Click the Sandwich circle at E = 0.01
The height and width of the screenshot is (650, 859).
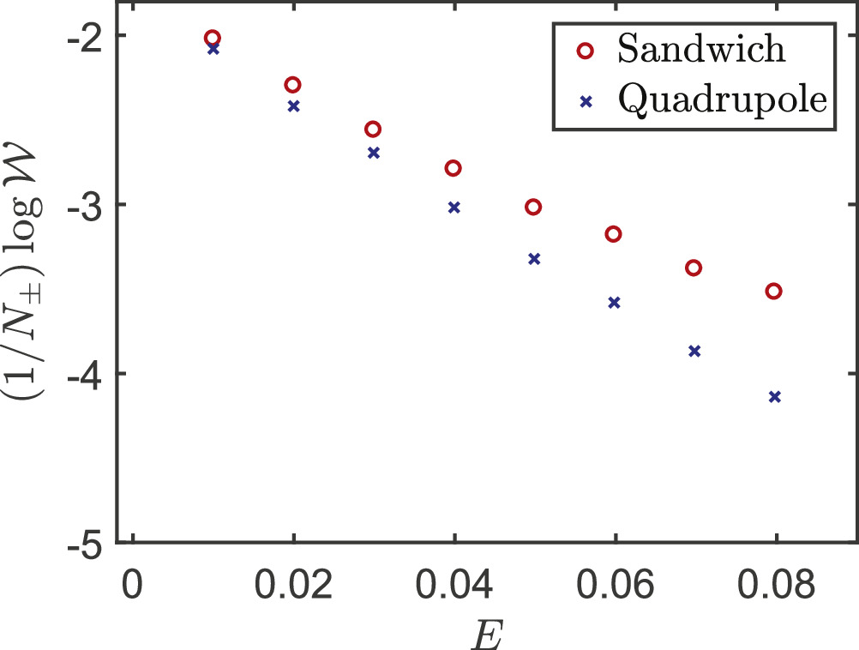(x=213, y=38)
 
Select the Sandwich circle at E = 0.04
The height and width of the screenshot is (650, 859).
(x=454, y=168)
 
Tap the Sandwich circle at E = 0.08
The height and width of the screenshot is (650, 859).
(x=774, y=292)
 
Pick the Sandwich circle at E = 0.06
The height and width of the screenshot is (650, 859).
(x=613, y=234)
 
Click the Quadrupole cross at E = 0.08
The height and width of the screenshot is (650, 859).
(x=775, y=397)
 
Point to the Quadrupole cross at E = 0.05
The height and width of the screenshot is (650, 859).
(x=534, y=258)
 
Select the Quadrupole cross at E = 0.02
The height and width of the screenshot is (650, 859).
(x=294, y=106)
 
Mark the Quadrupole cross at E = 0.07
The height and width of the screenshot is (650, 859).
(x=694, y=351)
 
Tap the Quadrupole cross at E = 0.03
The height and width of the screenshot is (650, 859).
(x=374, y=153)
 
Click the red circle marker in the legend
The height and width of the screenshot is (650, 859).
(x=586, y=51)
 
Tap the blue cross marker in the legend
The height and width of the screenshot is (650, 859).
(x=586, y=101)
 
